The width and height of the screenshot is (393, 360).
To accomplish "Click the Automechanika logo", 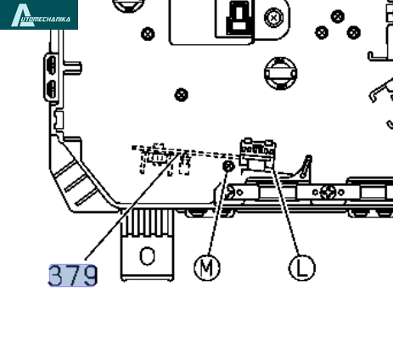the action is click(x=39, y=14).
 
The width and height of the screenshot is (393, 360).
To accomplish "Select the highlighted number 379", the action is click(x=73, y=275).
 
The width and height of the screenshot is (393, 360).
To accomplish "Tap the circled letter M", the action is click(x=207, y=267).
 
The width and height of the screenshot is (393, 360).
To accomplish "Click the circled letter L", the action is click(x=302, y=267).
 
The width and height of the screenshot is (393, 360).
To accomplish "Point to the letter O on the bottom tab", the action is click(x=148, y=256).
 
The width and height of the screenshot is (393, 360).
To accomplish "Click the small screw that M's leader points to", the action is click(x=228, y=166).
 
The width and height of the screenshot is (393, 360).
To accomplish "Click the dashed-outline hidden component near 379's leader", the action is click(x=161, y=159).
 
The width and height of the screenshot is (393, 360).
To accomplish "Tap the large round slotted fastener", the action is click(x=281, y=73).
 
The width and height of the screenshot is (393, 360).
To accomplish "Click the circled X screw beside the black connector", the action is click(x=273, y=18).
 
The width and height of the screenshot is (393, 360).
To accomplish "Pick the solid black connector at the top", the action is click(x=239, y=17).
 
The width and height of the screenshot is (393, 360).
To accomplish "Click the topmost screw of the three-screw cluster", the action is click(x=338, y=16).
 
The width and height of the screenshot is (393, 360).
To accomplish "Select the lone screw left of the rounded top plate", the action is click(x=148, y=34).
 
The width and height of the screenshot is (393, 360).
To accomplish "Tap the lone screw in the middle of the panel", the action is click(x=182, y=94).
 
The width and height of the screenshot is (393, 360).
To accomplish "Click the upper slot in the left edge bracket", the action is click(x=52, y=65).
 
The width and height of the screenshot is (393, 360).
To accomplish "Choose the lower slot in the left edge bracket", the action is click(x=52, y=89).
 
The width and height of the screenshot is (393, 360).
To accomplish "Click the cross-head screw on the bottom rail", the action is click(x=328, y=193).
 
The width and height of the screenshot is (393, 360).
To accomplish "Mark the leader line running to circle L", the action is click(x=285, y=211).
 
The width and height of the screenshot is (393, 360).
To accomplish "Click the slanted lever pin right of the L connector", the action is click(x=306, y=166).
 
